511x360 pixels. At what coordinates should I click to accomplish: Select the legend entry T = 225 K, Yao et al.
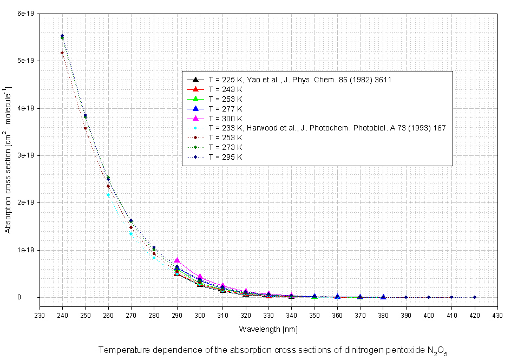coord(300,79)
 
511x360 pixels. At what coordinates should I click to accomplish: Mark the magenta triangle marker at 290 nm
coord(177,260)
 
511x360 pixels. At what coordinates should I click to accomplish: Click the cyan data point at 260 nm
coord(108,195)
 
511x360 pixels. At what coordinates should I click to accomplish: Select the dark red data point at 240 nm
coord(62,53)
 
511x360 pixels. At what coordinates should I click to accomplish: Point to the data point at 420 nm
coord(475,297)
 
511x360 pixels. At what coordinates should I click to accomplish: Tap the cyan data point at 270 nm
coord(131,234)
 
